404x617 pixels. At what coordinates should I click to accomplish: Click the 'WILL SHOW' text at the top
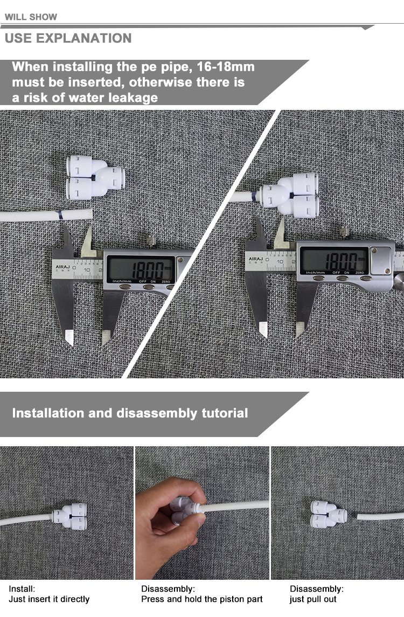tap(31, 17)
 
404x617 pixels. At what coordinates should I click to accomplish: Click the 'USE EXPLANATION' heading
tap(68, 38)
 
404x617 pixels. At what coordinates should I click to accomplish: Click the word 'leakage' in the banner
tap(133, 98)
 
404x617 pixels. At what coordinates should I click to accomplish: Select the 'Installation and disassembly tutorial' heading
tap(130, 413)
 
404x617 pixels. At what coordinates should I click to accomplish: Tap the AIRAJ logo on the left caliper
tap(62, 267)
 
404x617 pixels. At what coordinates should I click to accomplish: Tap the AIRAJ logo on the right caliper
tap(256, 259)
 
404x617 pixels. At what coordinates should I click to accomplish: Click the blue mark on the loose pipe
tap(60, 215)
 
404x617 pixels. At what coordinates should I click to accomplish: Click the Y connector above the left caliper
tap(95, 177)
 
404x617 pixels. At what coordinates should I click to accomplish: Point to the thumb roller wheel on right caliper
tap(399, 281)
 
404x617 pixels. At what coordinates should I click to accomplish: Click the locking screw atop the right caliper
tap(344, 232)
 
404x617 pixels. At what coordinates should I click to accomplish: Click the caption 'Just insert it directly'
tap(49, 599)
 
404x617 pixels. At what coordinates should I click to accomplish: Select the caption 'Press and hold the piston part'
tap(202, 599)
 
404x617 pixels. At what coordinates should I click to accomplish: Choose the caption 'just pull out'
tap(313, 599)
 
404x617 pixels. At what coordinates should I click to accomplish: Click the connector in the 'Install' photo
tap(69, 516)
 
